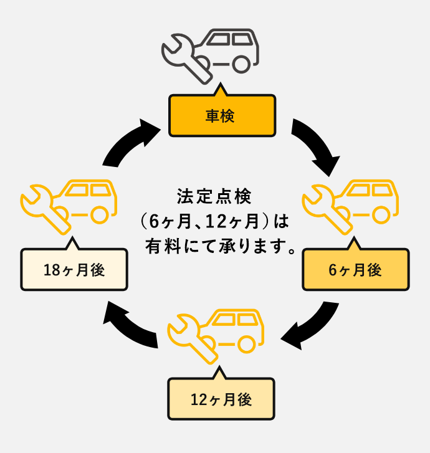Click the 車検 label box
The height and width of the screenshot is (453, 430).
coord(221,116)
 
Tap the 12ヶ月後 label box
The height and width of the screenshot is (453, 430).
coord(221,399)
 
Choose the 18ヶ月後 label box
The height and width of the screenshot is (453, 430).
coord(74,270)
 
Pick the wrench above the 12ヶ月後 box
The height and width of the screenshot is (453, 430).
coord(188,336)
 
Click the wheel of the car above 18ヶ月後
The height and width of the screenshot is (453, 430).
coord(100,214)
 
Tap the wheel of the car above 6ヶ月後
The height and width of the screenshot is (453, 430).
coord(383,214)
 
